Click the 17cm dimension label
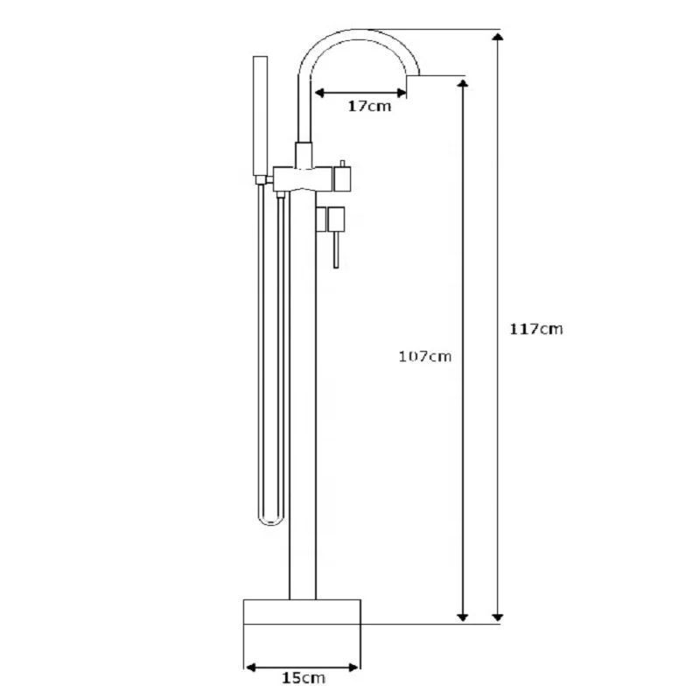tap(369, 106)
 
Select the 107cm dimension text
tap(424, 356)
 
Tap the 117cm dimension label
tap(536, 329)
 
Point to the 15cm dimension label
tap(304, 677)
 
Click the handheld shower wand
tap(260, 116)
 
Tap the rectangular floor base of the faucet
tap(302, 612)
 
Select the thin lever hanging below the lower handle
tap(336, 250)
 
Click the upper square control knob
tap(342, 178)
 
